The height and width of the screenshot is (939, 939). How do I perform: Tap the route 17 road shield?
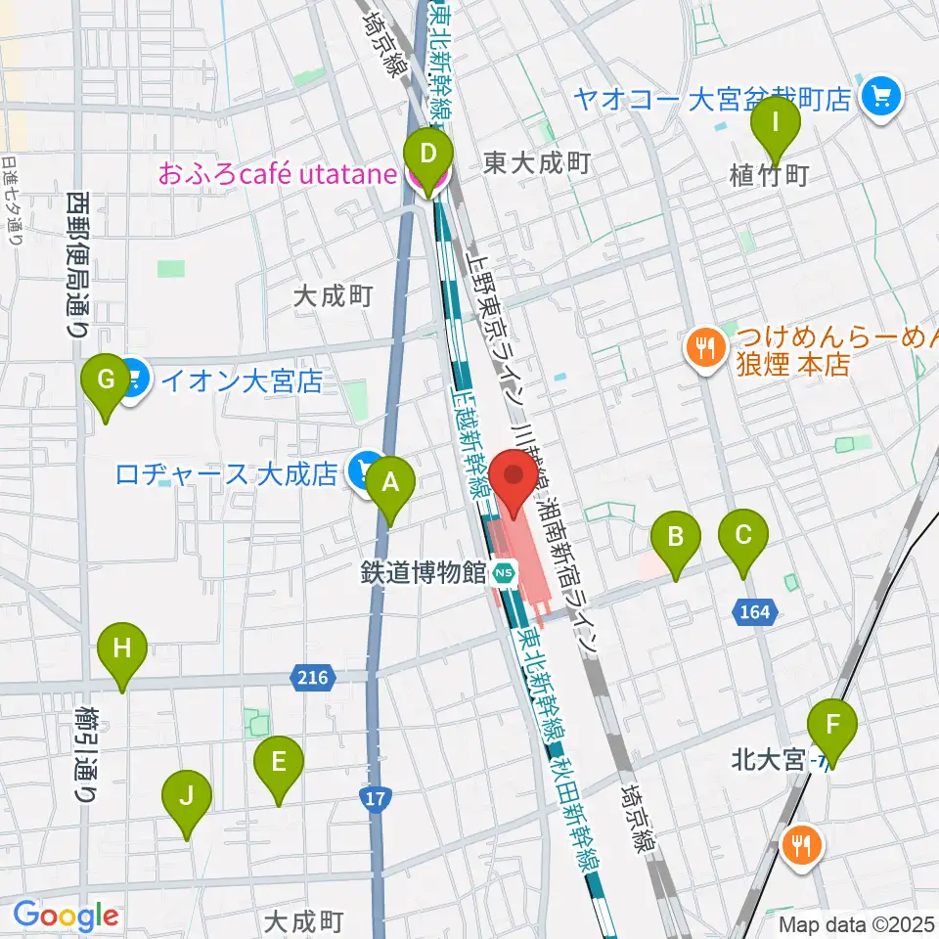373,799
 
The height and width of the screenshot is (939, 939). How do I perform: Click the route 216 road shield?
313,676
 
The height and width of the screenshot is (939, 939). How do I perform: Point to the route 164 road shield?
754,612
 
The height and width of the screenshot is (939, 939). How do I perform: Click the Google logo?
67,917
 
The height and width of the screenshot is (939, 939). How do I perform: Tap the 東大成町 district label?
537,163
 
